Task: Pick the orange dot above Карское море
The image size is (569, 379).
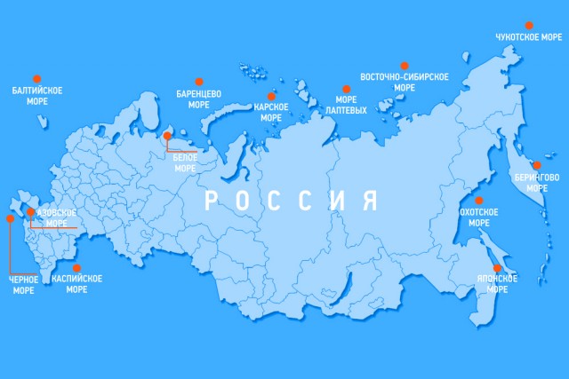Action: click(x=271, y=95)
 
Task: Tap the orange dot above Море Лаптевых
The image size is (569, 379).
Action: click(x=344, y=88)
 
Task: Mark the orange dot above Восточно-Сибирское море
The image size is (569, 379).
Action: click(x=405, y=66)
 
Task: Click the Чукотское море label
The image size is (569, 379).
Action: click(x=528, y=37)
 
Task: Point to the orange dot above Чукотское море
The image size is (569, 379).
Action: click(x=529, y=25)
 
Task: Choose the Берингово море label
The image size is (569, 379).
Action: click(x=537, y=183)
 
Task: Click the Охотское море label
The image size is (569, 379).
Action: click(x=479, y=217)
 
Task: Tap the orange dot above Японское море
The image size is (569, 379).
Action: click(x=498, y=268)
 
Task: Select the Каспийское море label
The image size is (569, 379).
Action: click(x=76, y=284)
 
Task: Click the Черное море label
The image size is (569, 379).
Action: click(x=23, y=284)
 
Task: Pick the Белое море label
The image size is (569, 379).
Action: click(x=185, y=162)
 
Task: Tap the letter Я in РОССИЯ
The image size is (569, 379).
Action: click(x=368, y=200)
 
